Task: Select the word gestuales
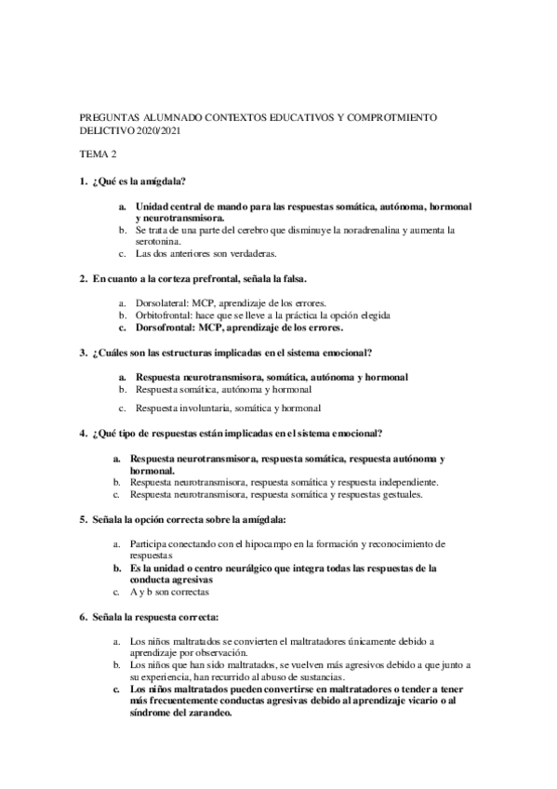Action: (396, 495)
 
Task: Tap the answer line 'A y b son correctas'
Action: (169, 592)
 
